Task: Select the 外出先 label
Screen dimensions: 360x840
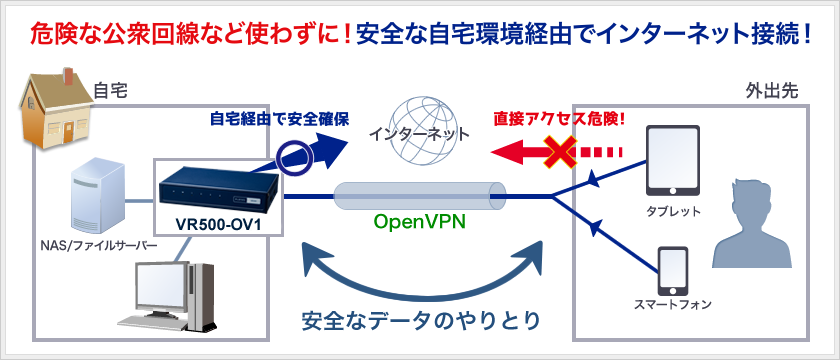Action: coord(771,91)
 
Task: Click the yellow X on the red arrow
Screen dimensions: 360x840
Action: coord(563,153)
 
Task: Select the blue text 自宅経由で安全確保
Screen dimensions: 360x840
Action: coord(279,119)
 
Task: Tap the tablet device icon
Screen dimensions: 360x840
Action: coord(671,160)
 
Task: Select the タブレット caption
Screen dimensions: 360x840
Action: coord(672,211)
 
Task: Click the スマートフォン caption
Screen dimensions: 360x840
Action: coord(672,303)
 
